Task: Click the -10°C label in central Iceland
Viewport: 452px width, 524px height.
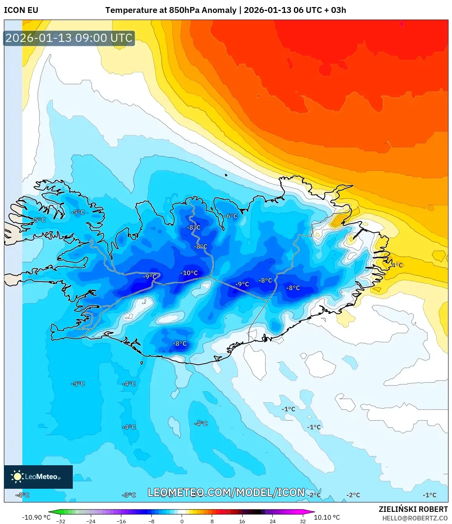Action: click(189, 273)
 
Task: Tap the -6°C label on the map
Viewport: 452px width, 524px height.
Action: click(231, 216)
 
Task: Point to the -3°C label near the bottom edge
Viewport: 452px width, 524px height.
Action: click(129, 495)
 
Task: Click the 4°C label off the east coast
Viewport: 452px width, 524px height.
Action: click(397, 265)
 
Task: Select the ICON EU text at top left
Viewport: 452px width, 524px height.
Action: click(21, 10)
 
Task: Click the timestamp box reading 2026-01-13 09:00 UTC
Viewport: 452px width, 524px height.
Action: click(69, 38)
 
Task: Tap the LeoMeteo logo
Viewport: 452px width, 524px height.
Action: click(38, 477)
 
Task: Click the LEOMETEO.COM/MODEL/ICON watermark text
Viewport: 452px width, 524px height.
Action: click(226, 492)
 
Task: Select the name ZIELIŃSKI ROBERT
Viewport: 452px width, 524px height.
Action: click(413, 509)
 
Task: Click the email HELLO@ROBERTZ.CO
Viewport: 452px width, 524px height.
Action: click(415, 518)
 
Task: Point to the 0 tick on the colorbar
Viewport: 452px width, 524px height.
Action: click(182, 521)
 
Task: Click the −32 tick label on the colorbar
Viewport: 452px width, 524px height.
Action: click(61, 521)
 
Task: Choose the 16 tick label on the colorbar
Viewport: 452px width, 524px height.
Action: click(242, 521)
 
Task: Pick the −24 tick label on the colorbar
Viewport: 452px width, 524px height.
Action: click(91, 521)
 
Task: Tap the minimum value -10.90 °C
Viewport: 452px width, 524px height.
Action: click(36, 517)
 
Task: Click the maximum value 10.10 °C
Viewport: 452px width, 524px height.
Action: click(327, 517)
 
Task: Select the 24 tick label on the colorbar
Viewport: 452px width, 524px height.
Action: click(272, 521)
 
